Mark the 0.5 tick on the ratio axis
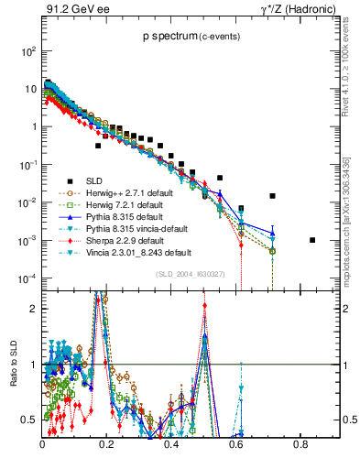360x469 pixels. (x=30, y=420)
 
